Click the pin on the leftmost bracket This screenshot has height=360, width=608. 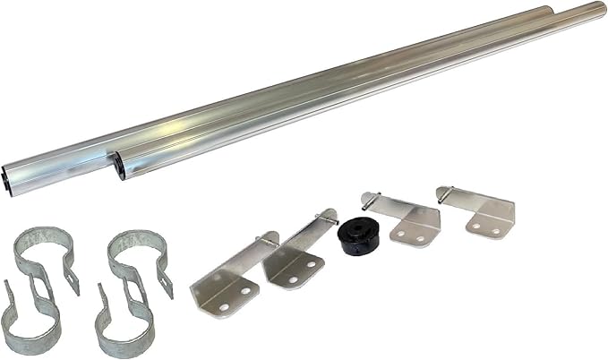click(270, 240)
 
